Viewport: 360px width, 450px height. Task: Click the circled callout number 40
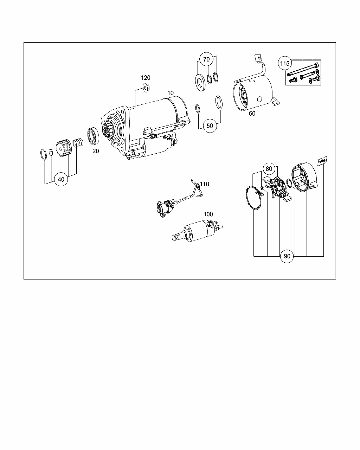[x=61, y=179]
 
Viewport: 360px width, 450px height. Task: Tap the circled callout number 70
[x=206, y=59]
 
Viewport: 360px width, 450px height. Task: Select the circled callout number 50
[x=210, y=126]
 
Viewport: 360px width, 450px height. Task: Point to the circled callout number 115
[x=285, y=63]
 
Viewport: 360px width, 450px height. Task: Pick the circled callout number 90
[x=287, y=256]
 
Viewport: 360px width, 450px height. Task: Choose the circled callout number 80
[x=269, y=168]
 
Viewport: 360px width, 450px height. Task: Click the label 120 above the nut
[x=146, y=78]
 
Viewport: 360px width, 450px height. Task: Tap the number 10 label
[x=171, y=93]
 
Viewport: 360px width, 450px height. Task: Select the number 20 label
[x=96, y=151]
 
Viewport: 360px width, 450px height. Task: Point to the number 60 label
[x=252, y=113]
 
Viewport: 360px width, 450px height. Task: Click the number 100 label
[x=208, y=214]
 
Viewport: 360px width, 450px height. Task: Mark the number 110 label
[x=204, y=184]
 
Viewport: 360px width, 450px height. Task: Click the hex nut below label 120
[x=146, y=88]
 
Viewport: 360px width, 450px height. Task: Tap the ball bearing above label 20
[x=93, y=136]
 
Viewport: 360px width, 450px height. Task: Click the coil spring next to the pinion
[x=78, y=143]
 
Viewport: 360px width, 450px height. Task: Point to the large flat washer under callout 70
[x=200, y=82]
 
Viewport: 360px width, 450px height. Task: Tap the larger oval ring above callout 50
[x=219, y=102]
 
